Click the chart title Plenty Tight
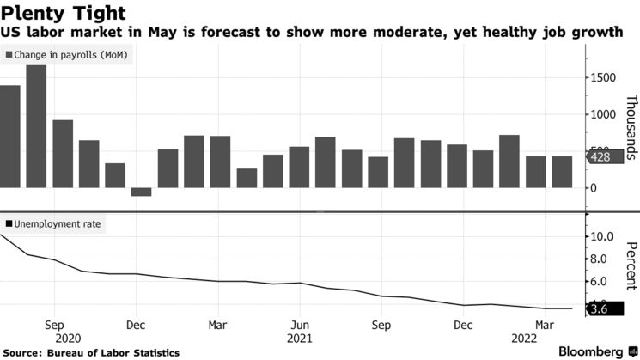64,13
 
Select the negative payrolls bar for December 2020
141,192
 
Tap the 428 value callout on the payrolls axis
598,157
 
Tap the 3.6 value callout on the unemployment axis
598,308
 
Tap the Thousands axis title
630,126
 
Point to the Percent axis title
630,266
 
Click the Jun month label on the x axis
298,326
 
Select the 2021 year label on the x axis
299,339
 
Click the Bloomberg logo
591,351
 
